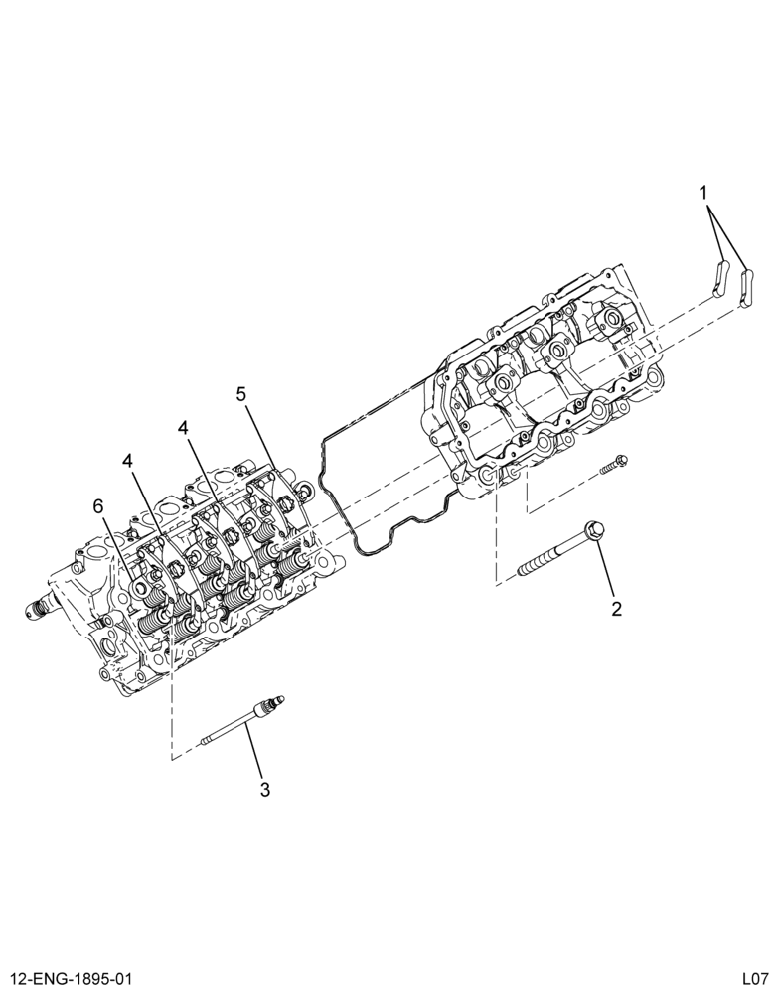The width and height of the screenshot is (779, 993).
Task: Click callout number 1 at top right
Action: tap(703, 192)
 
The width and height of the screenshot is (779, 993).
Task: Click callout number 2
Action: tap(617, 609)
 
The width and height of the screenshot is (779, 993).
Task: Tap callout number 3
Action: tap(265, 789)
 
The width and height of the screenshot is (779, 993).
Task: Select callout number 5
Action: tap(241, 394)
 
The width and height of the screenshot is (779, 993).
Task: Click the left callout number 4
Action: tap(128, 461)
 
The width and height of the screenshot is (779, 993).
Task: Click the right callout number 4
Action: tap(183, 428)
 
